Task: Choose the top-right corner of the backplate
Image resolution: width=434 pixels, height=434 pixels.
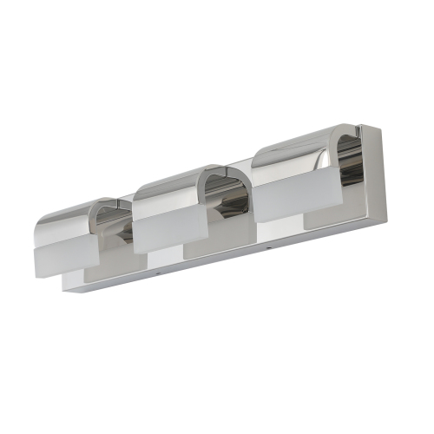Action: point(380,128)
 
